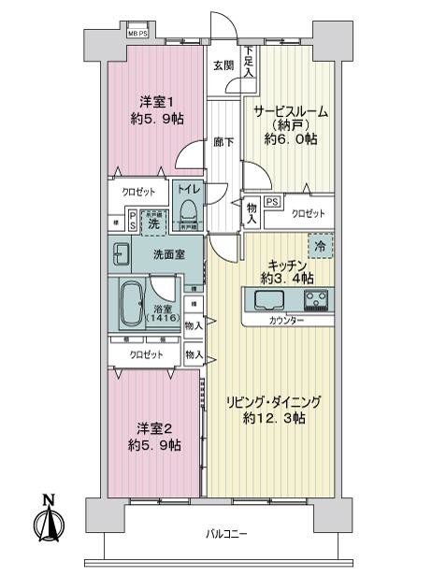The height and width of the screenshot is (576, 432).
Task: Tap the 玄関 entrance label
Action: (x=223, y=65)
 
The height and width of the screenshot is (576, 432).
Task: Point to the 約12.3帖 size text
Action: (x=273, y=417)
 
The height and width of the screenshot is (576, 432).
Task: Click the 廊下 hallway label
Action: (x=223, y=142)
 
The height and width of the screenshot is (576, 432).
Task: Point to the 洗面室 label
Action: (x=169, y=254)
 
